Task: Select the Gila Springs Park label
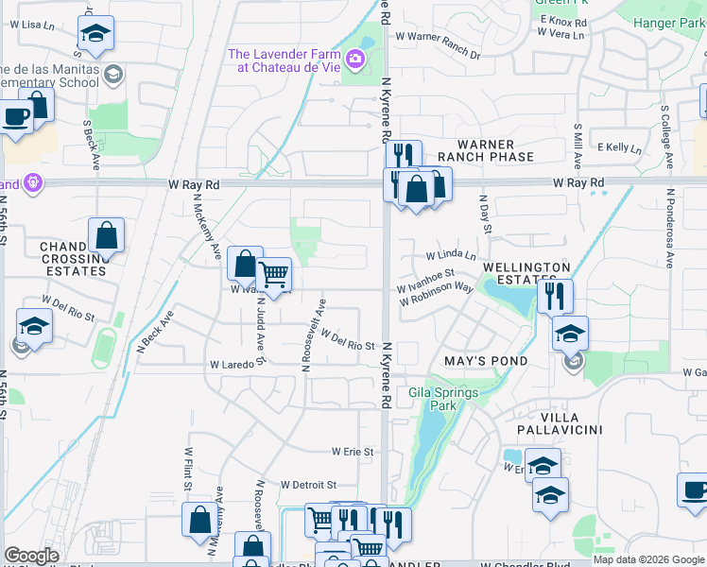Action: point(444,399)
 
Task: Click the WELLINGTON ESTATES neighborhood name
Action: point(526,274)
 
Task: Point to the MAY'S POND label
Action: point(486,361)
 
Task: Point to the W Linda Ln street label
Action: point(451,256)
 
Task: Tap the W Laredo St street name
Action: point(234,364)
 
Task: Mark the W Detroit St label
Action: point(309,484)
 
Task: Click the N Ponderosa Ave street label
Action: point(669,227)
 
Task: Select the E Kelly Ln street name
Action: point(618,148)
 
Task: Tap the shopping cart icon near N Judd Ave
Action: point(273,275)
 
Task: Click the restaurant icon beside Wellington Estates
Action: point(555,296)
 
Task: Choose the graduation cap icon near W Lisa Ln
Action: point(95,34)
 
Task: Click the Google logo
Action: point(32,556)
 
